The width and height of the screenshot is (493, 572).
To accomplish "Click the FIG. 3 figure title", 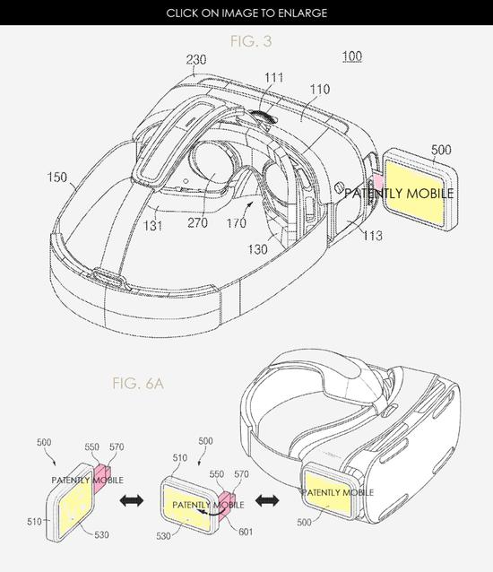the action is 251,41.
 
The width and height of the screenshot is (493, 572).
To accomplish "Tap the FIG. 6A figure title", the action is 138,384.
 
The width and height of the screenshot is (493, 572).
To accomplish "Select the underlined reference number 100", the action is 352,56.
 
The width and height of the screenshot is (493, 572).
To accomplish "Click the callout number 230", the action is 196,59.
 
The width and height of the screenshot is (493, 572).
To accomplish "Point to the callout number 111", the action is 274,78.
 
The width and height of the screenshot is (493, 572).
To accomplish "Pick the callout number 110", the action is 320,90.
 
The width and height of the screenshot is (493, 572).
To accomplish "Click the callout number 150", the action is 57,178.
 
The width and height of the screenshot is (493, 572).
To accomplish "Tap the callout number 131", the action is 152,225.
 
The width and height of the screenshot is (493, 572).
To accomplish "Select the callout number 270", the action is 197,222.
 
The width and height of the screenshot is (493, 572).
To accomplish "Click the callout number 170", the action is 237,223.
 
